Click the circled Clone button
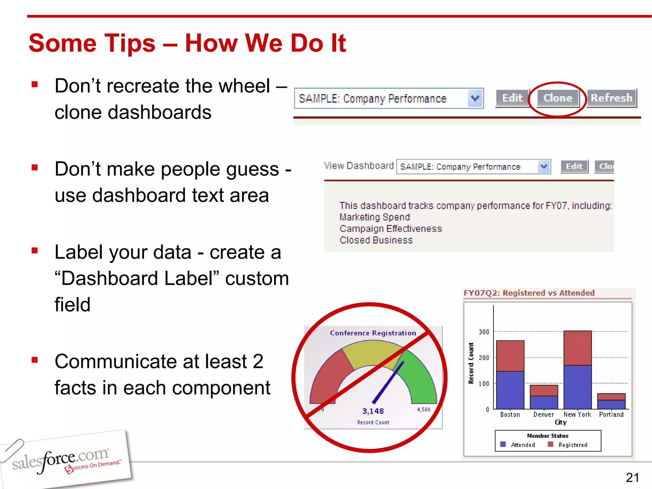point(557,98)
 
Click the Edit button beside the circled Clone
point(512,98)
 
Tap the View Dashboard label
point(359,166)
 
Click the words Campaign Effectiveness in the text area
point(391,229)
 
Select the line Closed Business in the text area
point(376,240)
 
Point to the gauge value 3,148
point(373,411)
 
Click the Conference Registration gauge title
point(373,333)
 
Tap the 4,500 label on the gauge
point(423,409)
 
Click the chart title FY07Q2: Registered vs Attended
point(529,293)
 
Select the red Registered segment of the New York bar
point(578,348)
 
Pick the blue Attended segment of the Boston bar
point(510,390)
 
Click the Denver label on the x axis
point(543,415)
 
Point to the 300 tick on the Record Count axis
point(484,332)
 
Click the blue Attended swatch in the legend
point(503,444)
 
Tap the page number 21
point(632,478)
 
